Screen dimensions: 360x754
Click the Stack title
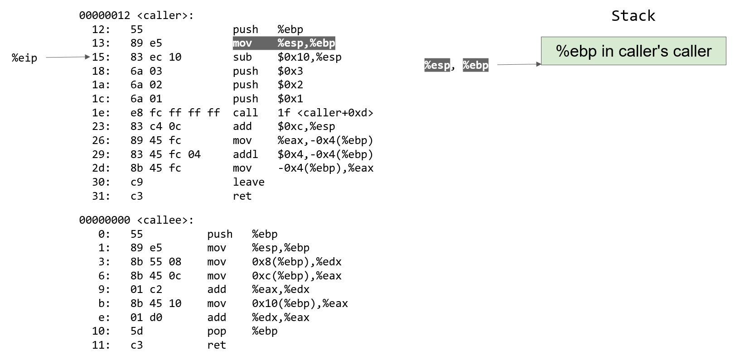point(633,16)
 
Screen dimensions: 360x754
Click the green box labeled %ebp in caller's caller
point(633,51)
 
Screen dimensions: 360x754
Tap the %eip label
point(24,58)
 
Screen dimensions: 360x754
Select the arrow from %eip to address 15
point(68,57)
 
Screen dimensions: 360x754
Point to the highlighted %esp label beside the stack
point(437,65)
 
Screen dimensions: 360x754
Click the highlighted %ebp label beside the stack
point(475,65)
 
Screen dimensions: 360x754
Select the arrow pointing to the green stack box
point(519,64)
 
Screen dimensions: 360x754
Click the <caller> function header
point(136,15)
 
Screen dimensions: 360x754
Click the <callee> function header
point(136,220)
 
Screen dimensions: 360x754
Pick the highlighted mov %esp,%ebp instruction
point(284,43)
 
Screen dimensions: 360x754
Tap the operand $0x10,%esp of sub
point(309,57)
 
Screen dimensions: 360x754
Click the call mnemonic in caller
point(245,113)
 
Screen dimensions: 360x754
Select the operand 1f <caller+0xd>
point(325,113)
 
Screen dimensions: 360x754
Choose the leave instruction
point(248,182)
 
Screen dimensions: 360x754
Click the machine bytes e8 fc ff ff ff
point(175,113)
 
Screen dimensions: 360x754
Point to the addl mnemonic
point(245,154)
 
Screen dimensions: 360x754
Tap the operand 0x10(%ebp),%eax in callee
point(300,303)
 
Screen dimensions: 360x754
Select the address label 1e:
point(101,113)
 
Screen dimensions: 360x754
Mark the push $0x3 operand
point(290,71)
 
